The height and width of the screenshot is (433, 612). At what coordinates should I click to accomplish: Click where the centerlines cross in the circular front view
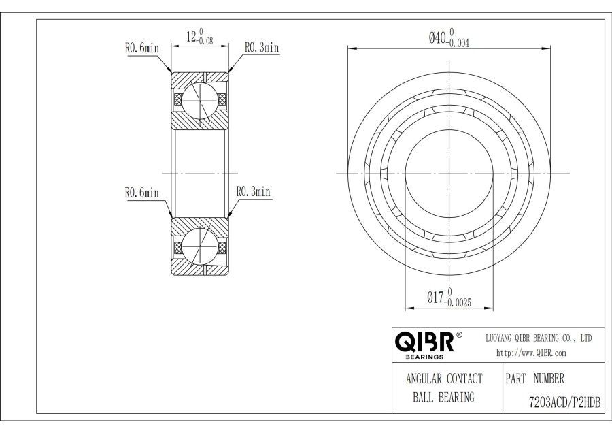(x=449, y=174)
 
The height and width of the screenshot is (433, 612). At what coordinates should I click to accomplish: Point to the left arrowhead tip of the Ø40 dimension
(x=348, y=49)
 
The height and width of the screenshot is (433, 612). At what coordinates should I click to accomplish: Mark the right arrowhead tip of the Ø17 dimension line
(x=493, y=308)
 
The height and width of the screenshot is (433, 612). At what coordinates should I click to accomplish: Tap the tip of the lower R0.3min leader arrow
(x=228, y=217)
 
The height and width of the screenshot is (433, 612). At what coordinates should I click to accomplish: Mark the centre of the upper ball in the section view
(x=200, y=100)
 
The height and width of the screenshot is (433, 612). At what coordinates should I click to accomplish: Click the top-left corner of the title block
(x=392, y=327)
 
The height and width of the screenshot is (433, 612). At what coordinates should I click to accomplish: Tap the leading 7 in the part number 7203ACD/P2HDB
(x=531, y=402)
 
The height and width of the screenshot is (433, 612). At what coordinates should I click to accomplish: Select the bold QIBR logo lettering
(x=424, y=342)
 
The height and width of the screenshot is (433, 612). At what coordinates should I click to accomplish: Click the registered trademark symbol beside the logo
(x=460, y=335)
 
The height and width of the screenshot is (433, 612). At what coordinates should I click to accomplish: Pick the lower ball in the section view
(x=200, y=247)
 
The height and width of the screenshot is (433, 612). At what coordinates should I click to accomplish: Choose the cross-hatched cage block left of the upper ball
(x=177, y=99)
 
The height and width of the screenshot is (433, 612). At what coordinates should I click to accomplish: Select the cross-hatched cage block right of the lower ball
(x=222, y=247)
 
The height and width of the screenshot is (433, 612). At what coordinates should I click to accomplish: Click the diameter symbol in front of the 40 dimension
(x=432, y=38)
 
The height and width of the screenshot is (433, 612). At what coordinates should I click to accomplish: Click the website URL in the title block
(x=531, y=353)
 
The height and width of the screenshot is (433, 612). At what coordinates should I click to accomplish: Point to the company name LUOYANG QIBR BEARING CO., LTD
(x=539, y=338)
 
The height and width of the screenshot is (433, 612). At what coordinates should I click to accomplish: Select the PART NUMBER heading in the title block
(x=534, y=379)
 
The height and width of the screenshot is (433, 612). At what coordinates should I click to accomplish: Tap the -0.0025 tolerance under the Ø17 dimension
(x=458, y=302)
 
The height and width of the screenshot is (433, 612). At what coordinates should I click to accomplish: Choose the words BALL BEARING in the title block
(x=444, y=398)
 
